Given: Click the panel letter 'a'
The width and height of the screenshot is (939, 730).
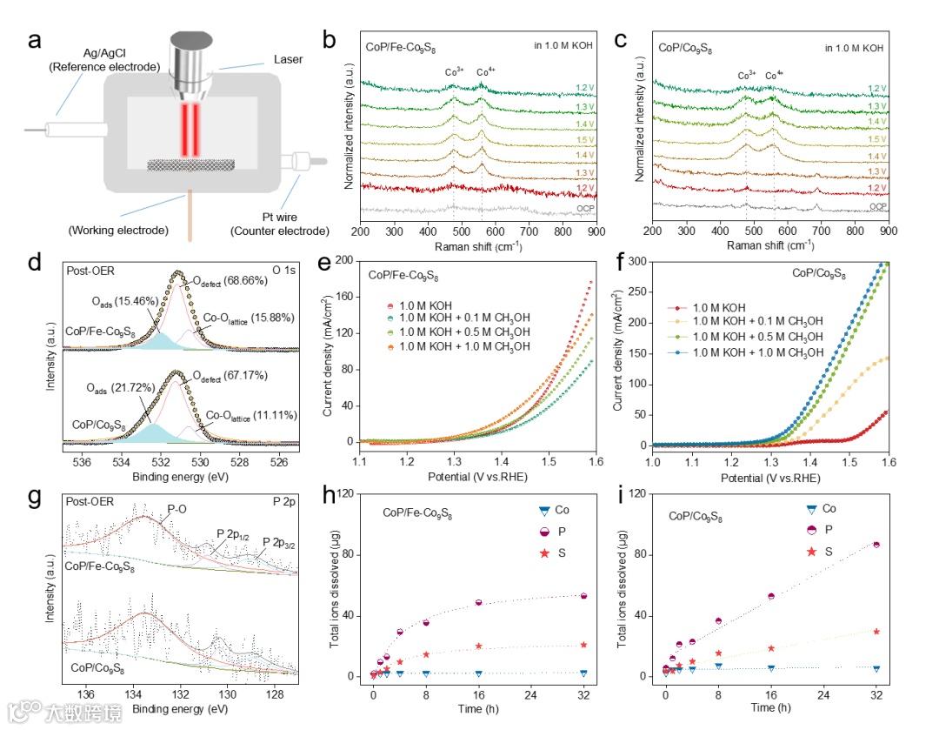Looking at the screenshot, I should [34, 40].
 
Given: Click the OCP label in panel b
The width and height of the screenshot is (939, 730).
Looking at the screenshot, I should [583, 209].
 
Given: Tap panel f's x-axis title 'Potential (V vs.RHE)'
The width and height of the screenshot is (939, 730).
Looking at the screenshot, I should [770, 478].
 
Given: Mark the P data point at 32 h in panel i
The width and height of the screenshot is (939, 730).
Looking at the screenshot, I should [876, 545].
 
